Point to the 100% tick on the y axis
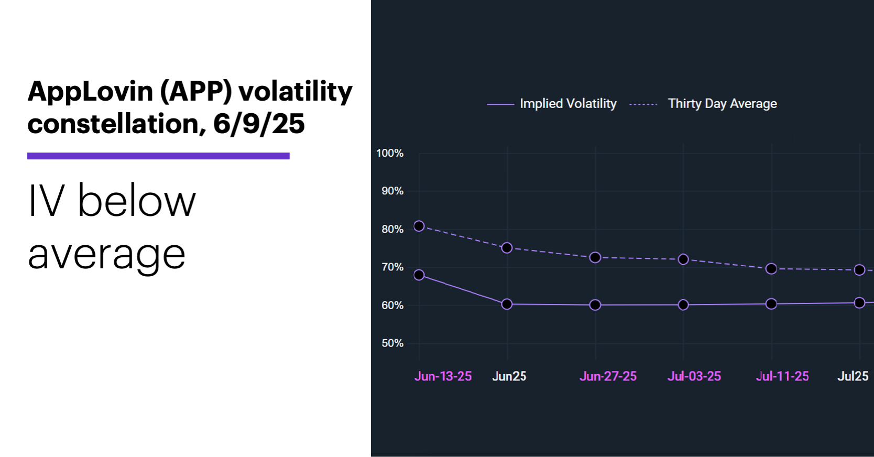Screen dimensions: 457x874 click(x=390, y=153)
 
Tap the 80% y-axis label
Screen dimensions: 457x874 click(x=392, y=229)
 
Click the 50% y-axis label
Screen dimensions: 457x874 click(x=392, y=343)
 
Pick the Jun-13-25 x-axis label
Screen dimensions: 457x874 click(x=443, y=376)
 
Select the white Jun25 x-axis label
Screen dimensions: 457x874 click(x=509, y=376)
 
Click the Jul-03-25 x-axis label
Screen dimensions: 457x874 click(x=694, y=376)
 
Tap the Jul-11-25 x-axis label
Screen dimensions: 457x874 click(x=782, y=376)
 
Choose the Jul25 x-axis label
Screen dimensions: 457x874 click(x=853, y=376)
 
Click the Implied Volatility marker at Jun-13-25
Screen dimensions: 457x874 click(x=419, y=275)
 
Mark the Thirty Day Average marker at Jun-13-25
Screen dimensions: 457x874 click(x=419, y=226)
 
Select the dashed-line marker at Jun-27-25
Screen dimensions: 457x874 click(x=595, y=258)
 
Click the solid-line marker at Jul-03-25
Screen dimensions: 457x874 click(x=683, y=305)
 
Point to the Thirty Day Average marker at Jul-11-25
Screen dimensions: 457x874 click(x=771, y=269)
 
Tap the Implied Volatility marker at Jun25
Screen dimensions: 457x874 click(x=507, y=304)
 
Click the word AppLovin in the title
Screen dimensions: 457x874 click(x=90, y=92)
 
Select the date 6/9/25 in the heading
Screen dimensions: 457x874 click(x=259, y=124)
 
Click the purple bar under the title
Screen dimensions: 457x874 click(x=158, y=156)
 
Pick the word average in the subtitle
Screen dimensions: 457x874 click(x=106, y=255)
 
